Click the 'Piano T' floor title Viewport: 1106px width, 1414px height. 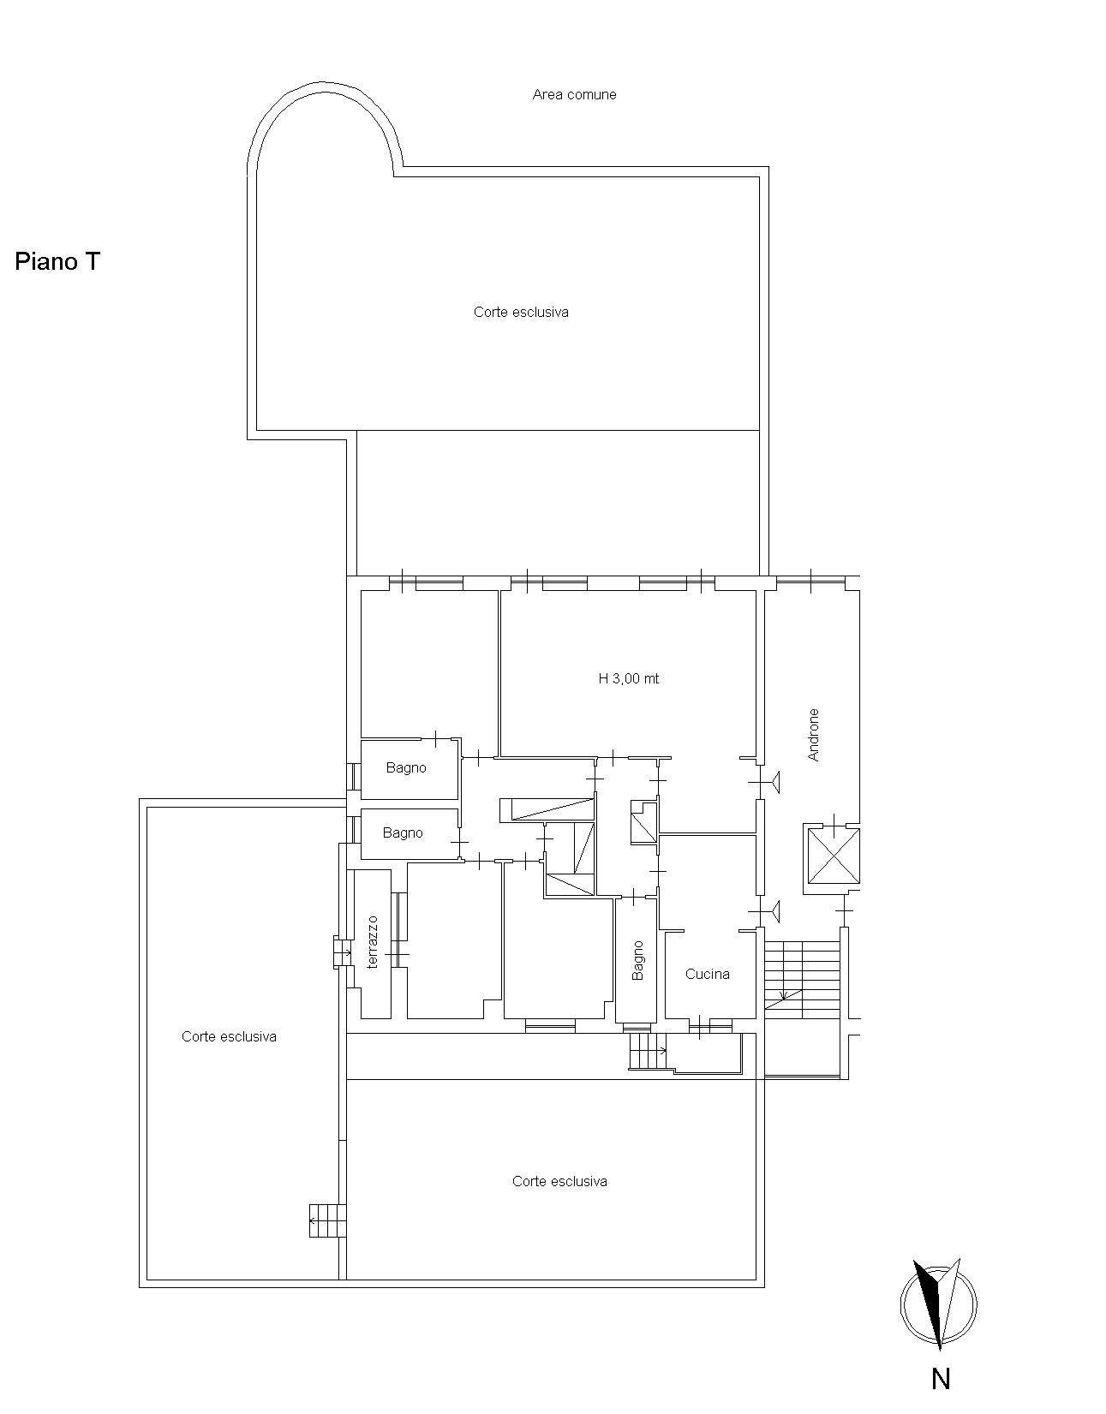[57, 261]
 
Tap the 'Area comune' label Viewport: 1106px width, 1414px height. [575, 94]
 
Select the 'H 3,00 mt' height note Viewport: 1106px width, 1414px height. [629, 678]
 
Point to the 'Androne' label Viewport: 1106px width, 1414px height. [813, 735]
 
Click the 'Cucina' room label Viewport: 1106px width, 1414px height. [707, 974]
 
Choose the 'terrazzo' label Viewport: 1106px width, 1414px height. [372, 941]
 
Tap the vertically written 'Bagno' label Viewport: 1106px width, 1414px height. [637, 960]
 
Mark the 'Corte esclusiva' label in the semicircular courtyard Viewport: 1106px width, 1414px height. [521, 313]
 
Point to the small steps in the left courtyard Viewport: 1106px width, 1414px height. [328, 1220]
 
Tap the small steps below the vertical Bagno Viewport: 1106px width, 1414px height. [648, 1051]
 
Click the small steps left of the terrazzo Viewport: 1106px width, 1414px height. [342, 953]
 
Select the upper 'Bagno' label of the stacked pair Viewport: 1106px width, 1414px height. [406, 768]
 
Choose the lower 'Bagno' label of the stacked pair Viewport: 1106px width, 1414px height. [403, 833]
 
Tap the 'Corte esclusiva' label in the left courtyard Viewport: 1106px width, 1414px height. [229, 1036]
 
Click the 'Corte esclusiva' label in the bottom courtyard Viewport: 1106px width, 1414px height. [559, 1181]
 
